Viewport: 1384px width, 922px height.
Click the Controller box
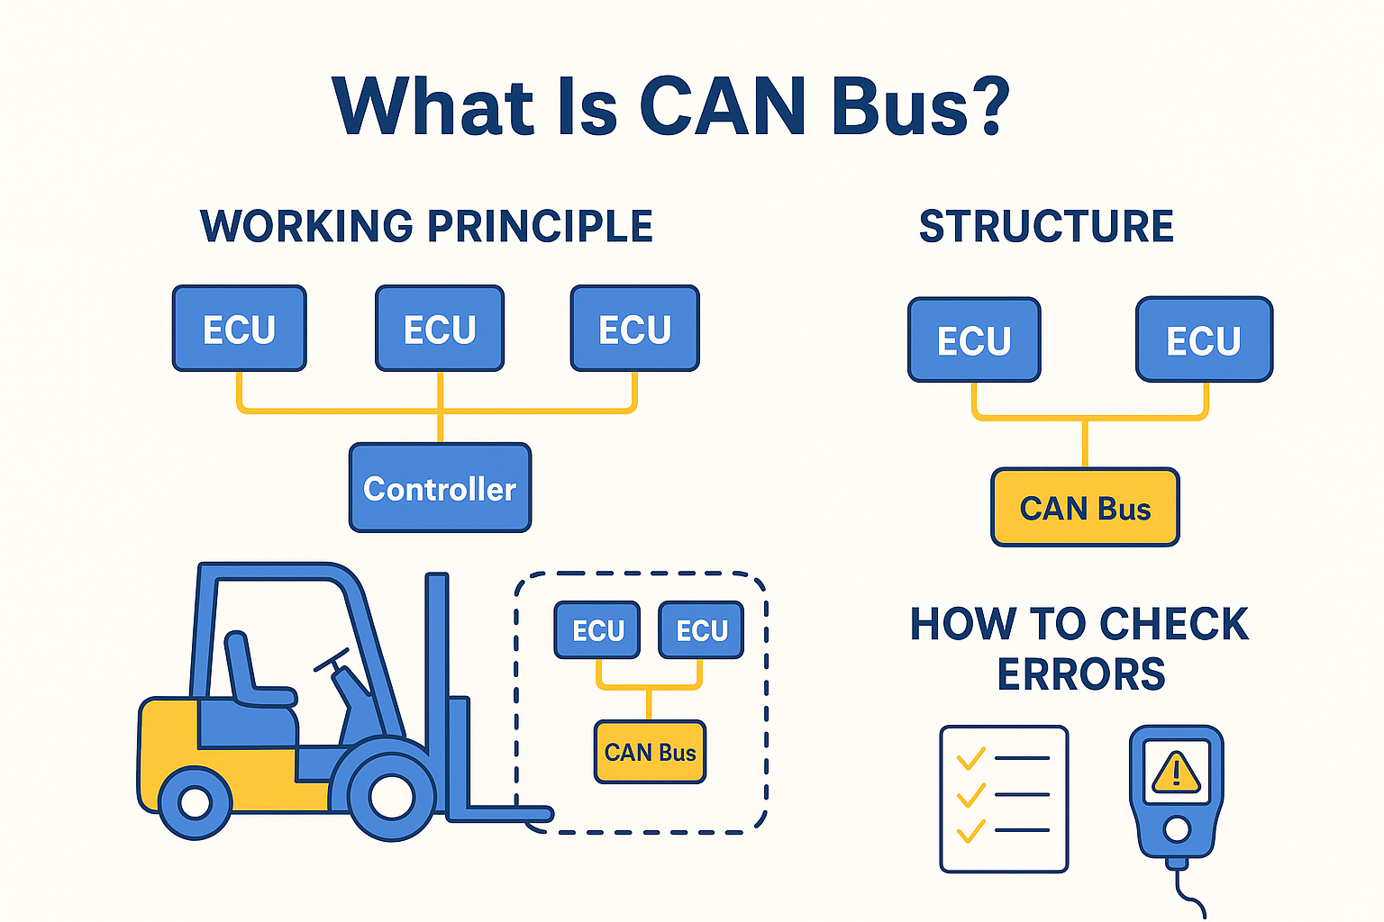(440, 488)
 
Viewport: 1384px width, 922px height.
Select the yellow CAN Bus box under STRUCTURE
(1085, 508)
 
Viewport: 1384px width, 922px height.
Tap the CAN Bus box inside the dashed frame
(650, 752)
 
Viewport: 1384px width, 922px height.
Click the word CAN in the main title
(722, 106)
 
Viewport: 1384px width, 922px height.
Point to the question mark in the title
(988, 106)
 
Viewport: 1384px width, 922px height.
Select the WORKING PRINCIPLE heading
(426, 226)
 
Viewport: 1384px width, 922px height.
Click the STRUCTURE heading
(1046, 226)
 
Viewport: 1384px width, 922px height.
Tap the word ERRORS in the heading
(1080, 674)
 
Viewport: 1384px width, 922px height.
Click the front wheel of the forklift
(391, 796)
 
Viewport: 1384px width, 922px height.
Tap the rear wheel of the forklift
(195, 802)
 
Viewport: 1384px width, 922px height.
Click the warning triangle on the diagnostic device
(1176, 772)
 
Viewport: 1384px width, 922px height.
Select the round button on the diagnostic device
(1176, 828)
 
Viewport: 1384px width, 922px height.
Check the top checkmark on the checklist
(970, 758)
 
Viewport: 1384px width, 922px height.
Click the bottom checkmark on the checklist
(970, 830)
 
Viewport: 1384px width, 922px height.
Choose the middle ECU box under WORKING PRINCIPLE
(440, 329)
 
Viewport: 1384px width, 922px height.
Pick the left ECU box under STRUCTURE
(974, 340)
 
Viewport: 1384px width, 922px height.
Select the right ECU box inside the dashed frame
(701, 630)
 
